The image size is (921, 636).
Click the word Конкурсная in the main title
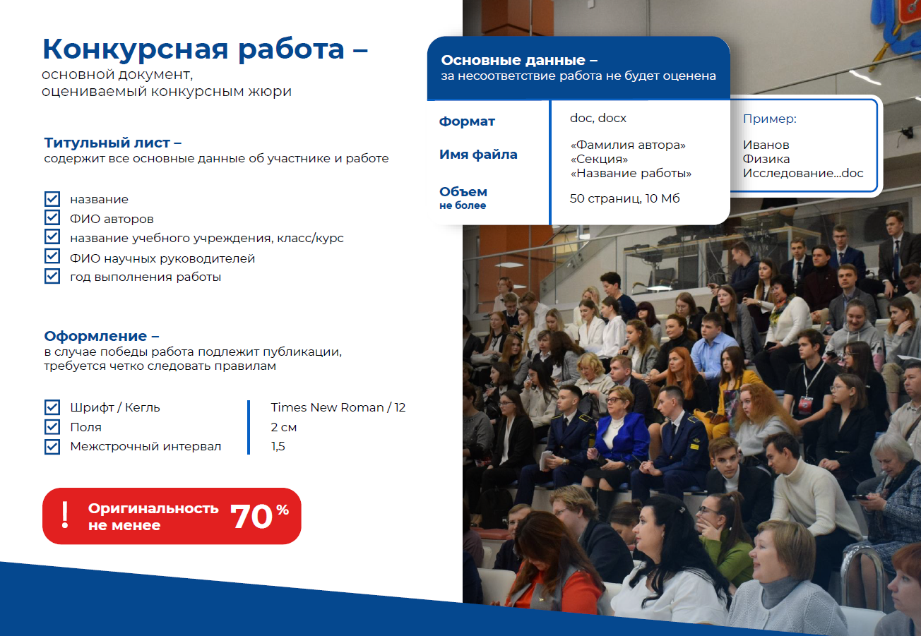coord(136,49)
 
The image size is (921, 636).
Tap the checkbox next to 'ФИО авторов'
coord(52,217)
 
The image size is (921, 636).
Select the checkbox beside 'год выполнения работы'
coord(52,276)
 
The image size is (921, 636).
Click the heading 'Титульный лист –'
coord(113,143)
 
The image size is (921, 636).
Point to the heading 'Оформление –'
coord(102,336)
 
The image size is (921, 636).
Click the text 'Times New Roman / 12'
coord(338,407)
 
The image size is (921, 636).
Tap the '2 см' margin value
coord(284,427)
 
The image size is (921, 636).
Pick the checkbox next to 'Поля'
coord(52,427)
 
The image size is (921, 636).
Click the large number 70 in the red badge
coord(251,517)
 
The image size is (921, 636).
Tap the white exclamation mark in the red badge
coord(64,515)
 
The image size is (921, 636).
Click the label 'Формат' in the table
coord(467,121)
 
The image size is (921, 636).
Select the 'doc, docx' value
coord(598,119)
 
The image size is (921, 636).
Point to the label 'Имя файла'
coord(478,154)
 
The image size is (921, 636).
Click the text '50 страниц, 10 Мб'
coord(624,198)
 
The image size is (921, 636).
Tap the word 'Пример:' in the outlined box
coord(770,119)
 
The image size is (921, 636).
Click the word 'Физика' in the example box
coord(766,159)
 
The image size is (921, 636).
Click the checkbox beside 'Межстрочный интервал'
coord(52,447)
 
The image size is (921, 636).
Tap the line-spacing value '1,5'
coord(278,447)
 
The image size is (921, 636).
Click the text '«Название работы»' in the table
coord(631,174)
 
